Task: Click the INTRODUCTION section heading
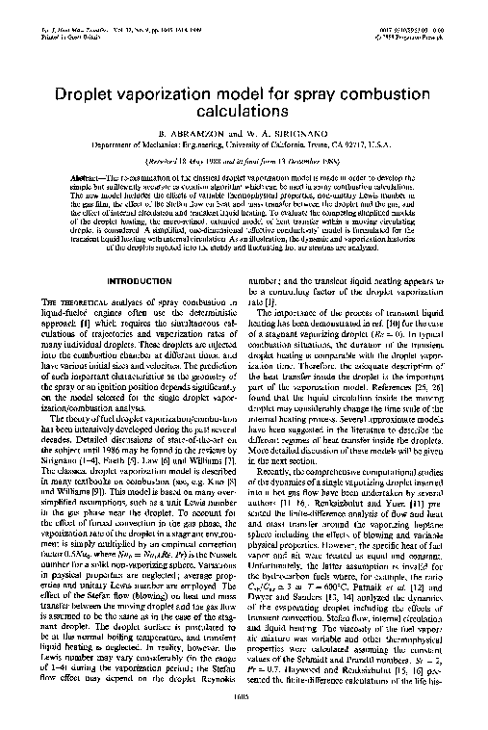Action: [x=139, y=280]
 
